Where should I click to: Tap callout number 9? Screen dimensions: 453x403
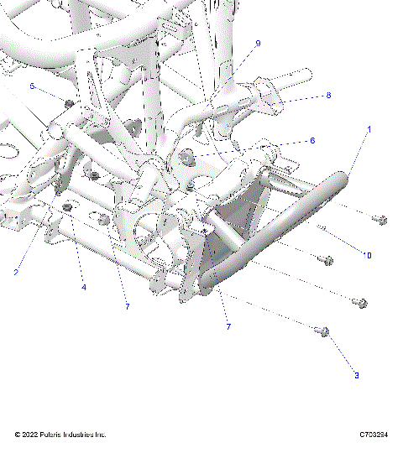258,43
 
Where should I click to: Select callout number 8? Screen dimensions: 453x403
328,96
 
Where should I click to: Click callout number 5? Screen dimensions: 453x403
32,86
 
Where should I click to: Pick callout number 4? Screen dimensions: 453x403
84,288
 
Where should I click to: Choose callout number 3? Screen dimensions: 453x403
356,375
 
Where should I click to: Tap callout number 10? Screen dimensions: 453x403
367,254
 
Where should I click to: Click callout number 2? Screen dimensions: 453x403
15,272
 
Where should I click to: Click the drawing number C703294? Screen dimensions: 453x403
374,435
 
